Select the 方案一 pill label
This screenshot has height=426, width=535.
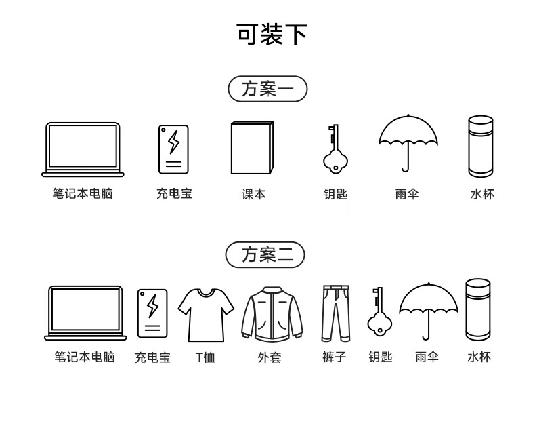click(268, 89)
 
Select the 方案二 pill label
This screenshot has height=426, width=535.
click(265, 254)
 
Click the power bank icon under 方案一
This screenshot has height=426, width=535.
click(174, 148)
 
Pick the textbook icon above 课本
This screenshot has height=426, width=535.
click(252, 148)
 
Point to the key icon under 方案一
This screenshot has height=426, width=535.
click(334, 148)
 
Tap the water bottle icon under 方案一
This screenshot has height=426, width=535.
click(481, 146)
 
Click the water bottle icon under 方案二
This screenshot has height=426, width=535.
click(478, 309)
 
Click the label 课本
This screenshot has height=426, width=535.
click(254, 194)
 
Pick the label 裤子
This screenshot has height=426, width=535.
click(334, 357)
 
